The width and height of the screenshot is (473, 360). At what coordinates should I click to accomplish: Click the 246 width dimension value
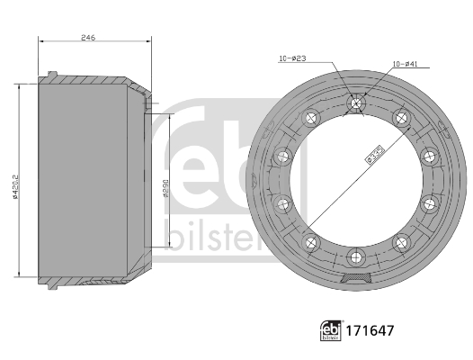[x=88, y=37]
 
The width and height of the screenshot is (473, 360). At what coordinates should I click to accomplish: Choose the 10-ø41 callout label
[x=405, y=64]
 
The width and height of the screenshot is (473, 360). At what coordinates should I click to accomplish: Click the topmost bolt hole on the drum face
[x=356, y=104]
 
